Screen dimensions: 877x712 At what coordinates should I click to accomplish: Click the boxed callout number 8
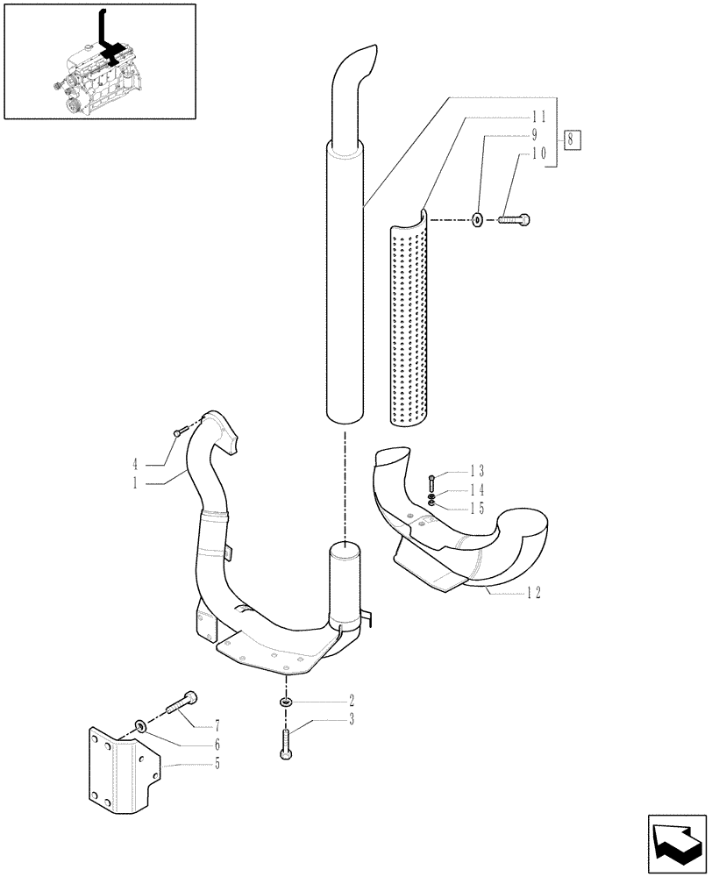pos(573,139)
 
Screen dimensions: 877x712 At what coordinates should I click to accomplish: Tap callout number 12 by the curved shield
pos(532,594)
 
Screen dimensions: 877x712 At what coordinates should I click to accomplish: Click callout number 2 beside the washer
pos(351,701)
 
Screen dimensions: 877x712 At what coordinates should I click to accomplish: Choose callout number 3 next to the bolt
pos(351,721)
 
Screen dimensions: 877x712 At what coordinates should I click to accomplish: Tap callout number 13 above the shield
pos(476,470)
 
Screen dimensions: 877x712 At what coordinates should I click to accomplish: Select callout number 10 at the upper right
pos(538,153)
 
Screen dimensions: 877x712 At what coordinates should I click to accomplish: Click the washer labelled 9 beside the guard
pos(477,219)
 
